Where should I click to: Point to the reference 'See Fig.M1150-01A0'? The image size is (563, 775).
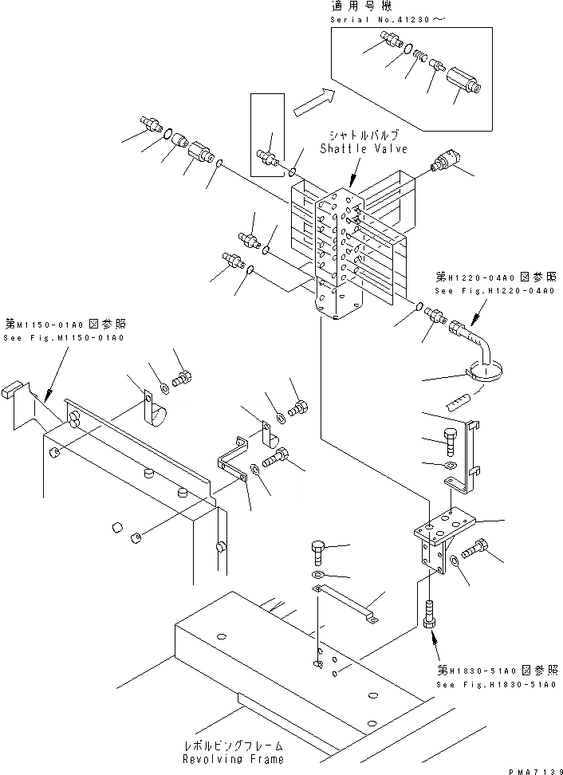tap(64, 338)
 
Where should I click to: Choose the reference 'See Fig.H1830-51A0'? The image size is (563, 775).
tap(495, 684)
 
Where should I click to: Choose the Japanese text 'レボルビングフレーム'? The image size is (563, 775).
tap(232, 745)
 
